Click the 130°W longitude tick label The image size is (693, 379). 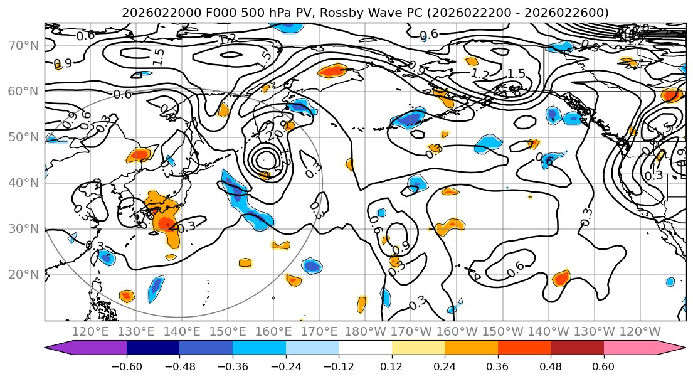pos(595,331)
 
